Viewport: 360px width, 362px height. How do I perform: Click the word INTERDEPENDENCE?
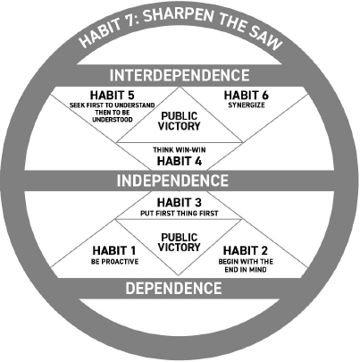(180, 75)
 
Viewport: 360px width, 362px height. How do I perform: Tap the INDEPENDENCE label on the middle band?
(172, 181)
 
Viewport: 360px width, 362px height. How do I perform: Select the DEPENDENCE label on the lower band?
(173, 288)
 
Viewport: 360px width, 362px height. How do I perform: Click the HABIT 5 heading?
(113, 96)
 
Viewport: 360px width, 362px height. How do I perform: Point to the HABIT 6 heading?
(247, 96)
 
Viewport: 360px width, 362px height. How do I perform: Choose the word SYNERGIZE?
(247, 105)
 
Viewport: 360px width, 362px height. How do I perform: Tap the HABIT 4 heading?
(180, 161)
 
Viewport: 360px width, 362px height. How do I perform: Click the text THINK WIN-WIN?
(180, 150)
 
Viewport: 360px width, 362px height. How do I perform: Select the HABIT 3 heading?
(180, 203)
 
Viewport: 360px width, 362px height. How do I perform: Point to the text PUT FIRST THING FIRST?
(180, 214)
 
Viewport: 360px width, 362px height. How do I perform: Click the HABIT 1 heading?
(114, 250)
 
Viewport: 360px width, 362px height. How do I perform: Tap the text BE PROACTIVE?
(114, 262)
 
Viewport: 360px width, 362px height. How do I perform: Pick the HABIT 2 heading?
(246, 250)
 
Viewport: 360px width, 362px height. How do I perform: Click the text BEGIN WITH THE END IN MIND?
(246, 265)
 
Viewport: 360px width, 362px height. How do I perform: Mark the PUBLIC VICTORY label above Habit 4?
(180, 121)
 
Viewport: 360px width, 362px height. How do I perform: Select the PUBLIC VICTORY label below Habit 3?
(180, 242)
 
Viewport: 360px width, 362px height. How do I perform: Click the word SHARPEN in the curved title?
(180, 16)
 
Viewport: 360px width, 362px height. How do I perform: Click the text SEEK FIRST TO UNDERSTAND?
(113, 105)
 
